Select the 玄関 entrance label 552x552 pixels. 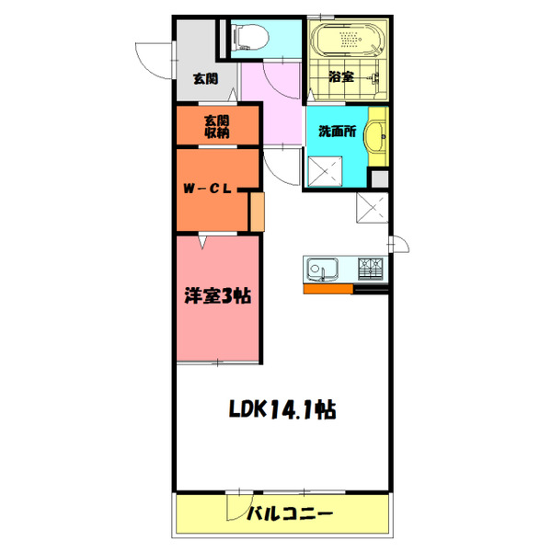205,78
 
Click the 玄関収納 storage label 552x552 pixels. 217,126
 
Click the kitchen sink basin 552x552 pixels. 323,270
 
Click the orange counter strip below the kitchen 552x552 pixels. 328,289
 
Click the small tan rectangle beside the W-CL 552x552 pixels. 257,211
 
